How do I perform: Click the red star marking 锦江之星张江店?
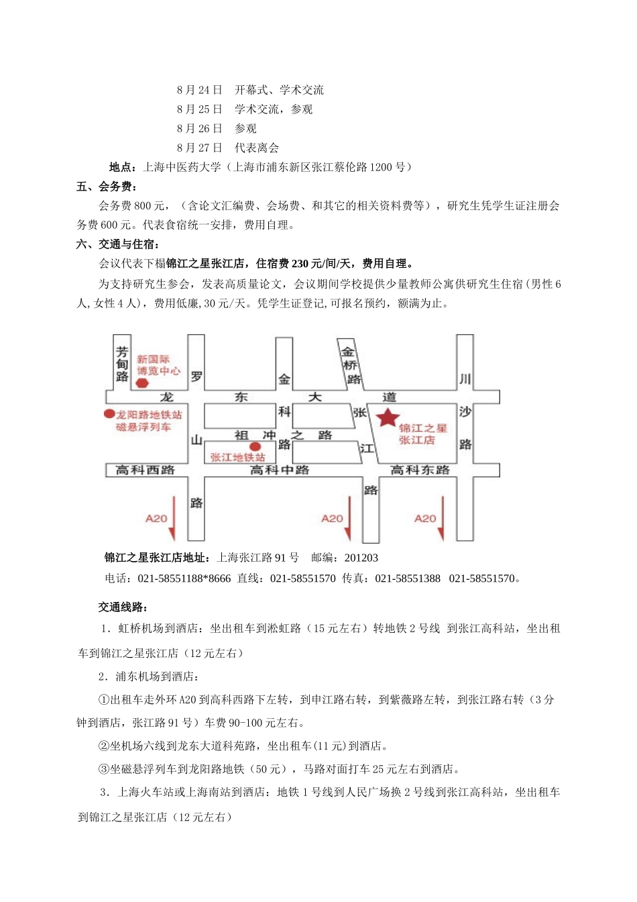(x=388, y=418)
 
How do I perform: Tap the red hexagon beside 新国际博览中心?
(x=142, y=383)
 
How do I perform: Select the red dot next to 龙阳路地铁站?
(x=109, y=414)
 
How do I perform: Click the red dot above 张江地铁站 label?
(x=254, y=446)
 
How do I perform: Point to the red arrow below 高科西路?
(x=172, y=518)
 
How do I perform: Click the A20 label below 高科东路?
(x=425, y=518)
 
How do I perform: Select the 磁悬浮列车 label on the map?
(x=143, y=428)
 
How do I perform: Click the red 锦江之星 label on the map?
(x=422, y=428)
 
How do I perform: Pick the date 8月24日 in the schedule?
(x=200, y=90)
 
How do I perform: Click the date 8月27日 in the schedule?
(x=200, y=148)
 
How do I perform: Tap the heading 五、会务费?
(x=107, y=187)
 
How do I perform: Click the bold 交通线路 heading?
(x=123, y=607)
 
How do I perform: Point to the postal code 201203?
(x=361, y=558)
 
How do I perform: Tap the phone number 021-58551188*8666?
(x=184, y=578)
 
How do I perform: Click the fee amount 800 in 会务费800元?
(x=143, y=205)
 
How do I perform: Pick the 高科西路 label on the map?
(x=145, y=470)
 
